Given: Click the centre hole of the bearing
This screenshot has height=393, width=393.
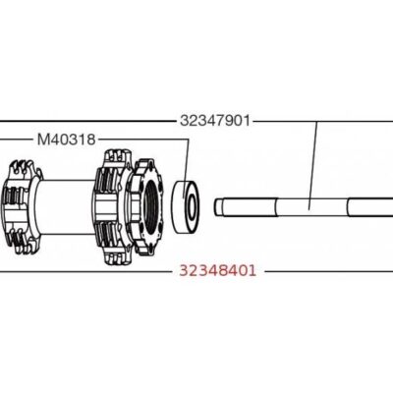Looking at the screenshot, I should (x=185, y=202).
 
